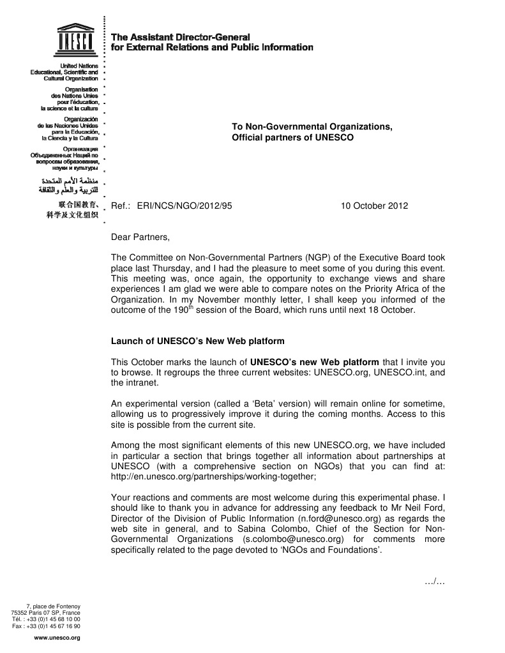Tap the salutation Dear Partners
141,237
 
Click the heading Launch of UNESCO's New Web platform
198,341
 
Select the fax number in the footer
46,626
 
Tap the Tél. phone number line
46,619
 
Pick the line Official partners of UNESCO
292,137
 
